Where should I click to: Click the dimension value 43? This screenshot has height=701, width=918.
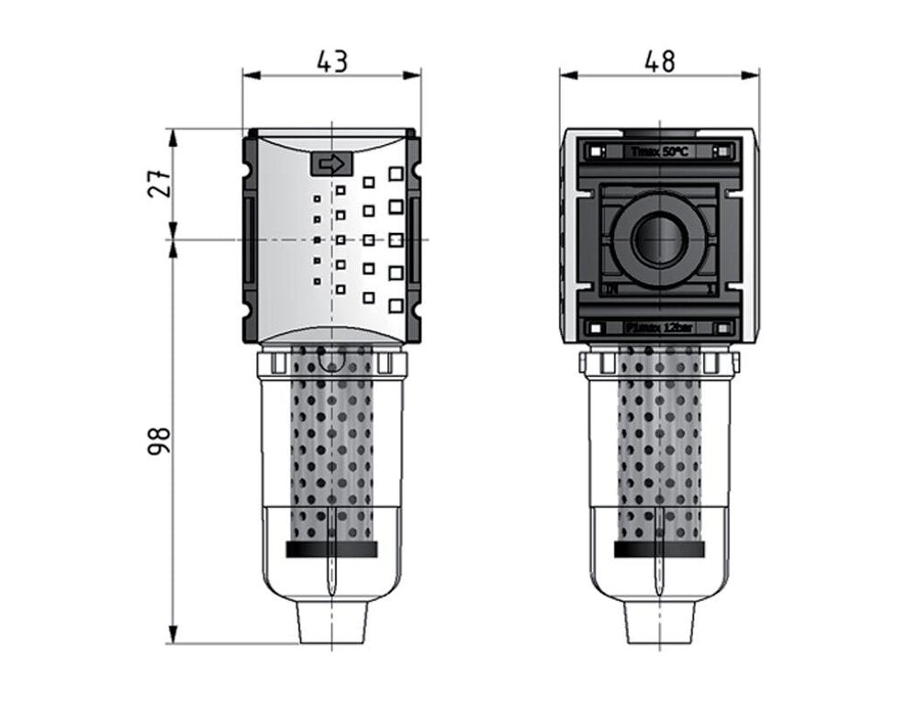331,61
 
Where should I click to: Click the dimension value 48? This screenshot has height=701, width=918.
659,61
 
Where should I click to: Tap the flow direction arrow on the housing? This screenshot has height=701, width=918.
331,164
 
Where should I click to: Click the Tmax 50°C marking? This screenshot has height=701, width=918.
659,151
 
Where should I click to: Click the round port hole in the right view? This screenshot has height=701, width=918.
659,239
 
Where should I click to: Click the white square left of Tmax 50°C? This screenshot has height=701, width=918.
596,151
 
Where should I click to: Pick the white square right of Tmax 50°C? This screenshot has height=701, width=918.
723,151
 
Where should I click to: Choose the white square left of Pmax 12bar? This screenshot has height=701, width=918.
596,328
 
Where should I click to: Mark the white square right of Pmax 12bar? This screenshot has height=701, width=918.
723,328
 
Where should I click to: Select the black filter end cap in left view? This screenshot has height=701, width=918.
331,549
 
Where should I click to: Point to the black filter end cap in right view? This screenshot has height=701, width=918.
659,549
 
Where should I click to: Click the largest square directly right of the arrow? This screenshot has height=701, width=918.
396,172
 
